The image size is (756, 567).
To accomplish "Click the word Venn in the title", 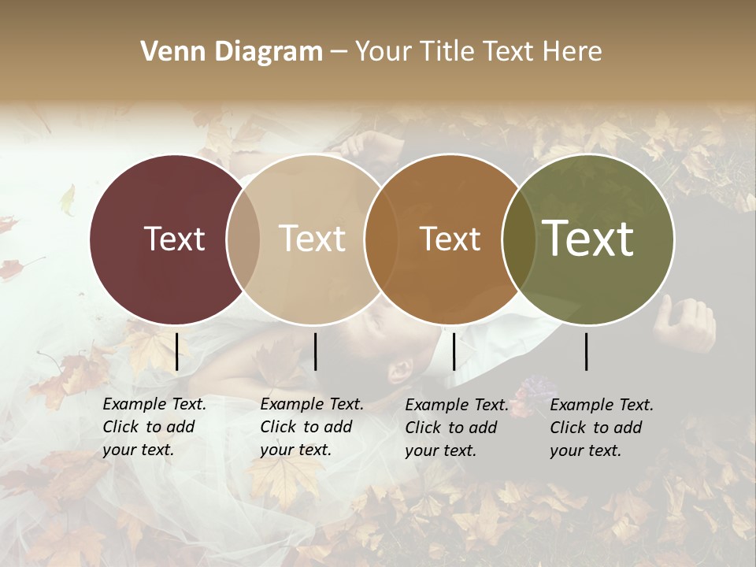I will click(x=169, y=52).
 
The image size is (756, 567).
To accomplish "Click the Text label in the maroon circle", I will click(x=174, y=239).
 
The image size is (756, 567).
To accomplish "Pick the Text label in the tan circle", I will click(x=312, y=239).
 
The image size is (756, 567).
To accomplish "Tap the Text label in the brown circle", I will click(x=450, y=239).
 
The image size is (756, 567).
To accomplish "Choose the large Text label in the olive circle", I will click(x=588, y=239).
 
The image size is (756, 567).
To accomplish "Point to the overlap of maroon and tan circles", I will click(x=243, y=239).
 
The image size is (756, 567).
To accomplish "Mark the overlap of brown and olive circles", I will click(x=518, y=239).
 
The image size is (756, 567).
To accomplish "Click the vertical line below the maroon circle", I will click(x=177, y=351).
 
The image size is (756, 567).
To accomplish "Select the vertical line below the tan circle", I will click(x=315, y=351).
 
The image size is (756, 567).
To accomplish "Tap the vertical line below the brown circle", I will click(x=454, y=351).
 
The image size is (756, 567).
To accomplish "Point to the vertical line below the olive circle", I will click(x=587, y=351).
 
